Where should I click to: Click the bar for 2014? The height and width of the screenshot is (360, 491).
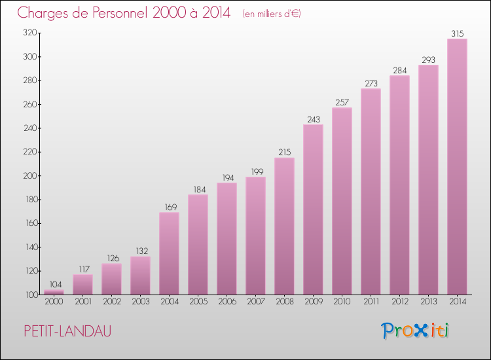point(457,167)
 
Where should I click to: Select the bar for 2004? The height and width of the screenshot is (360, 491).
point(169,253)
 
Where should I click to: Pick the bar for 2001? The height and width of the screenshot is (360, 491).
point(82,284)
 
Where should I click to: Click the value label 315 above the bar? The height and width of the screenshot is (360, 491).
point(457,33)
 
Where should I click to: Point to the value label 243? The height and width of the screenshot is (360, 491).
point(313,119)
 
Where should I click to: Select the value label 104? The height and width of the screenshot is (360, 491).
point(54,285)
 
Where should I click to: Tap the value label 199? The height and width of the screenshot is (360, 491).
point(255,171)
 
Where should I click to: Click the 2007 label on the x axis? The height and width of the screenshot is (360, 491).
point(255,302)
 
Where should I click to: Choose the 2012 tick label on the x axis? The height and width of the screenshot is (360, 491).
point(399,302)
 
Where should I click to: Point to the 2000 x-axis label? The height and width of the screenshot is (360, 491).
point(54,302)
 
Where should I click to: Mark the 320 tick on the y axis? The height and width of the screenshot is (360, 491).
point(29,33)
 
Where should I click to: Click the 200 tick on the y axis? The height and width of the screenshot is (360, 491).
point(29,176)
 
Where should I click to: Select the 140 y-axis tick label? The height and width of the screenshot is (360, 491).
point(29,247)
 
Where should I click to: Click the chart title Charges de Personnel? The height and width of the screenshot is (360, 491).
point(124,12)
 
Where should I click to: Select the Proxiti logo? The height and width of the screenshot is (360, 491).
point(415,331)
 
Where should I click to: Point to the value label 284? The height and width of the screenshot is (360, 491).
point(399,70)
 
